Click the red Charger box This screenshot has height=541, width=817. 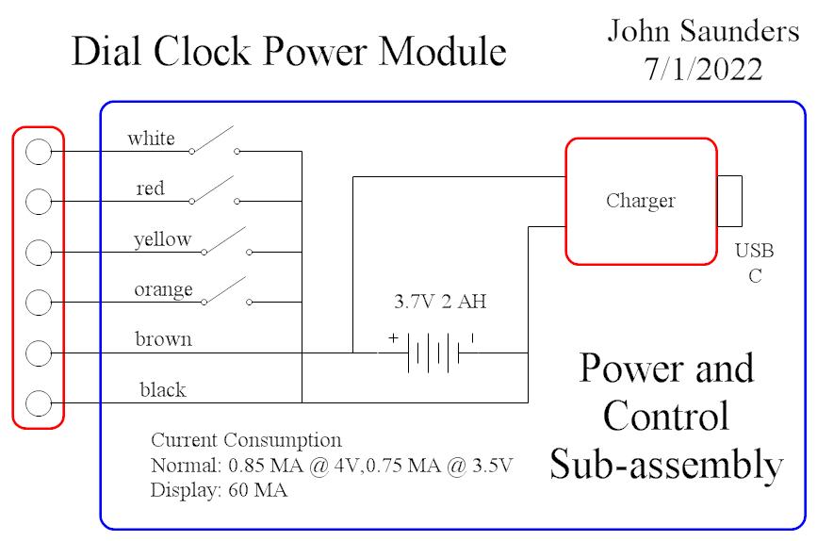click(641, 201)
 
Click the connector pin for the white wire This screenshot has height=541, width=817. click(38, 151)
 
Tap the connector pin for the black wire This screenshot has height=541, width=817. click(38, 402)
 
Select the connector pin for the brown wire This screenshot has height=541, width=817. click(38, 352)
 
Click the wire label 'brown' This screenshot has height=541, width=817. click(163, 338)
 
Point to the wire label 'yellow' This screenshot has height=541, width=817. click(162, 239)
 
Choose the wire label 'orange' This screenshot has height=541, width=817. click(163, 288)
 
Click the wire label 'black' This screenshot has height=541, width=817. click(162, 389)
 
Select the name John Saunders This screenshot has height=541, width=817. click(703, 31)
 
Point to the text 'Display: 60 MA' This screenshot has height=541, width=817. click(219, 490)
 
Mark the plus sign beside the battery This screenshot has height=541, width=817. click(392, 336)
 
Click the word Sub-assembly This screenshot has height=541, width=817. click(666, 465)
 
